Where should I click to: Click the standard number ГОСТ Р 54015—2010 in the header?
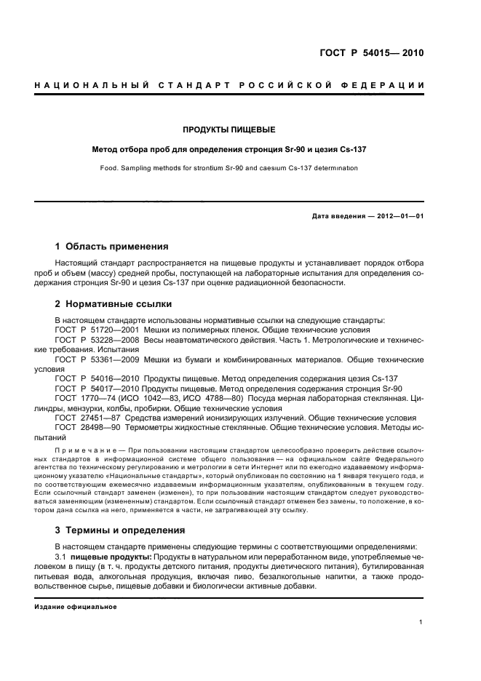[x=371, y=53]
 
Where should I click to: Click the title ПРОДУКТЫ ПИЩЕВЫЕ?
[x=228, y=130]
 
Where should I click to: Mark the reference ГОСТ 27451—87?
[x=88, y=418]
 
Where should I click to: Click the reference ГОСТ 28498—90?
[x=88, y=428]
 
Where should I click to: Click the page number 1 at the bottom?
[x=421, y=623]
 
